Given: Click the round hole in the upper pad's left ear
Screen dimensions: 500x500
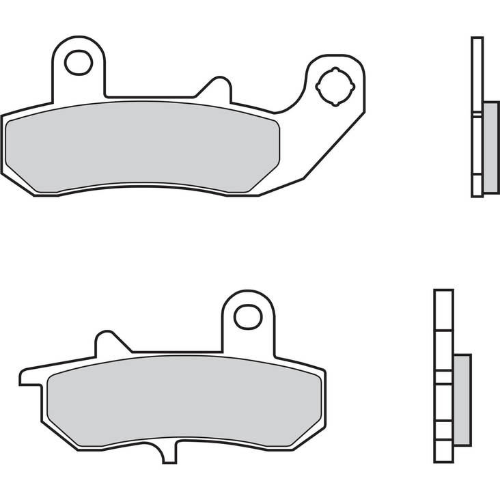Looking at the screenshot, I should tap(79, 63).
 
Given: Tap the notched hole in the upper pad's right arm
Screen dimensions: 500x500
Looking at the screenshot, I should tap(335, 87).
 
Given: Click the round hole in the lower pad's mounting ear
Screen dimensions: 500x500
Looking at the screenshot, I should tap(247, 316).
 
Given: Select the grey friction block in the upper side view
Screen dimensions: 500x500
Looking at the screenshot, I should tap(490, 147).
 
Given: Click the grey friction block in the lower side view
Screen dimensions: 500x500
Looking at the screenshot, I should tap(462, 400).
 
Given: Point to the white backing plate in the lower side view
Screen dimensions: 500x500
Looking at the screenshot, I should tap(443, 321).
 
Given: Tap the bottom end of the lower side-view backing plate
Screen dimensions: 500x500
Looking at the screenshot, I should tap(443, 454).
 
